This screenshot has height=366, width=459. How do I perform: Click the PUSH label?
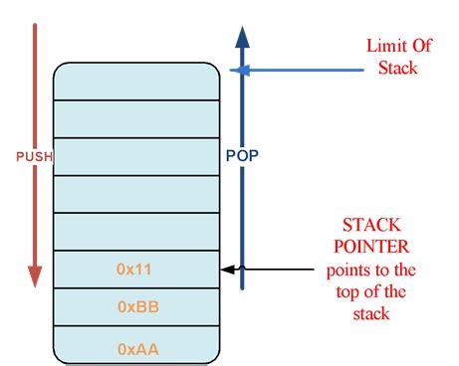(34, 156)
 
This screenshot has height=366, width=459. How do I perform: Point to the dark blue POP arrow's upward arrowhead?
(240, 36)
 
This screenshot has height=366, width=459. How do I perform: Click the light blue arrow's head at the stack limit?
(235, 70)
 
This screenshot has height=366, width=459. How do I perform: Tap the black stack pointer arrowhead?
(226, 270)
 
